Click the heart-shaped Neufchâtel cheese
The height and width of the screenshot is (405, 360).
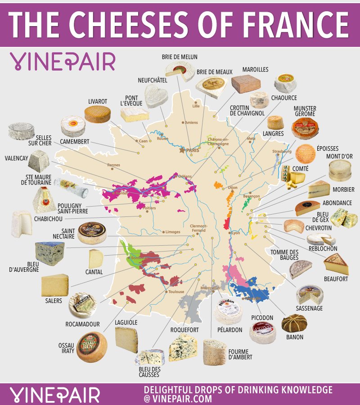tap(156, 96)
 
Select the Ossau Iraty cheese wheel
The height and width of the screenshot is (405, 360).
tap(92, 346)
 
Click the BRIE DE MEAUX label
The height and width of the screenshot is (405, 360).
tap(214, 72)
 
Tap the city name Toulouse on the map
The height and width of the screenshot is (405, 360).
tap(176, 292)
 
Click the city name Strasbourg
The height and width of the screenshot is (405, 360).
tap(282, 152)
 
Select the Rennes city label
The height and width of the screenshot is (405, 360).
tap(114, 165)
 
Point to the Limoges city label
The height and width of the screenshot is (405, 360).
tap(173, 232)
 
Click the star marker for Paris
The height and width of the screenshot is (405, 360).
tap(183, 150)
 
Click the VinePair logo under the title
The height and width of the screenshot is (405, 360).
tap(63, 61)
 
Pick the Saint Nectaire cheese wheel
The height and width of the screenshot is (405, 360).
tap(92, 233)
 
